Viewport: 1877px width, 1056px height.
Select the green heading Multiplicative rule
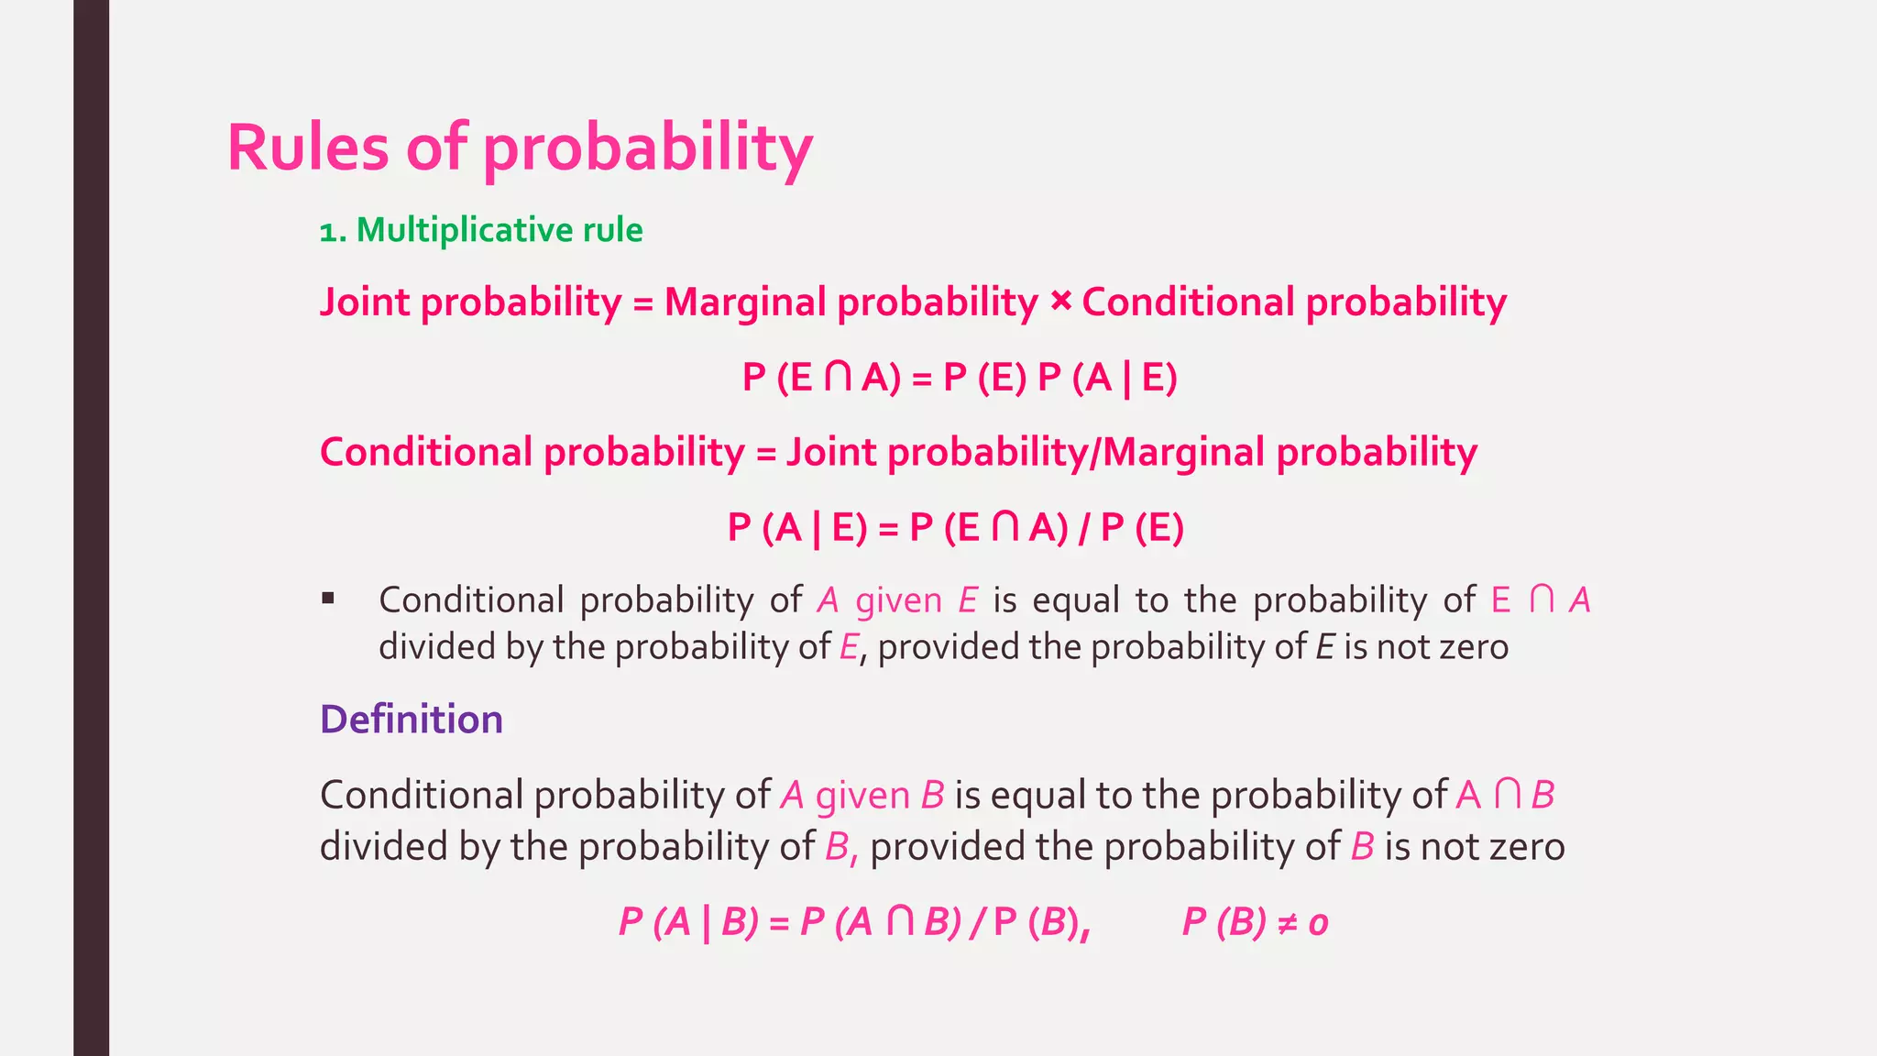(499, 229)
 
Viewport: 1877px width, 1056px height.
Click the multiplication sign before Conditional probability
(1060, 301)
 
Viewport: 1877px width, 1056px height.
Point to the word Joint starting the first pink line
(365, 302)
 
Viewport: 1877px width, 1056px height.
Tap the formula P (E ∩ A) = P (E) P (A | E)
(960, 377)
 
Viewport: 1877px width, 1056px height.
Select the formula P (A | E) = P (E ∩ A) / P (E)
(955, 527)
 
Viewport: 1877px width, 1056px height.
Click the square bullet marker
(328, 599)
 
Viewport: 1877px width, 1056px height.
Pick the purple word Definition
(412, 719)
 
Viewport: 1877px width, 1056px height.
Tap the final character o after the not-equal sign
(1318, 924)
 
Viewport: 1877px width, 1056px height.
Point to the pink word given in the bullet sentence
(898, 600)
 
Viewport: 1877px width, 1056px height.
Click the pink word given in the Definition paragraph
(862, 795)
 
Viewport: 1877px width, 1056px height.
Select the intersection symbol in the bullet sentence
(1542, 600)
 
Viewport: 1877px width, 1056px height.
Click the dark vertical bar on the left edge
(91, 528)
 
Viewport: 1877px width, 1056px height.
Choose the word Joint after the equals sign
(830, 452)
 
